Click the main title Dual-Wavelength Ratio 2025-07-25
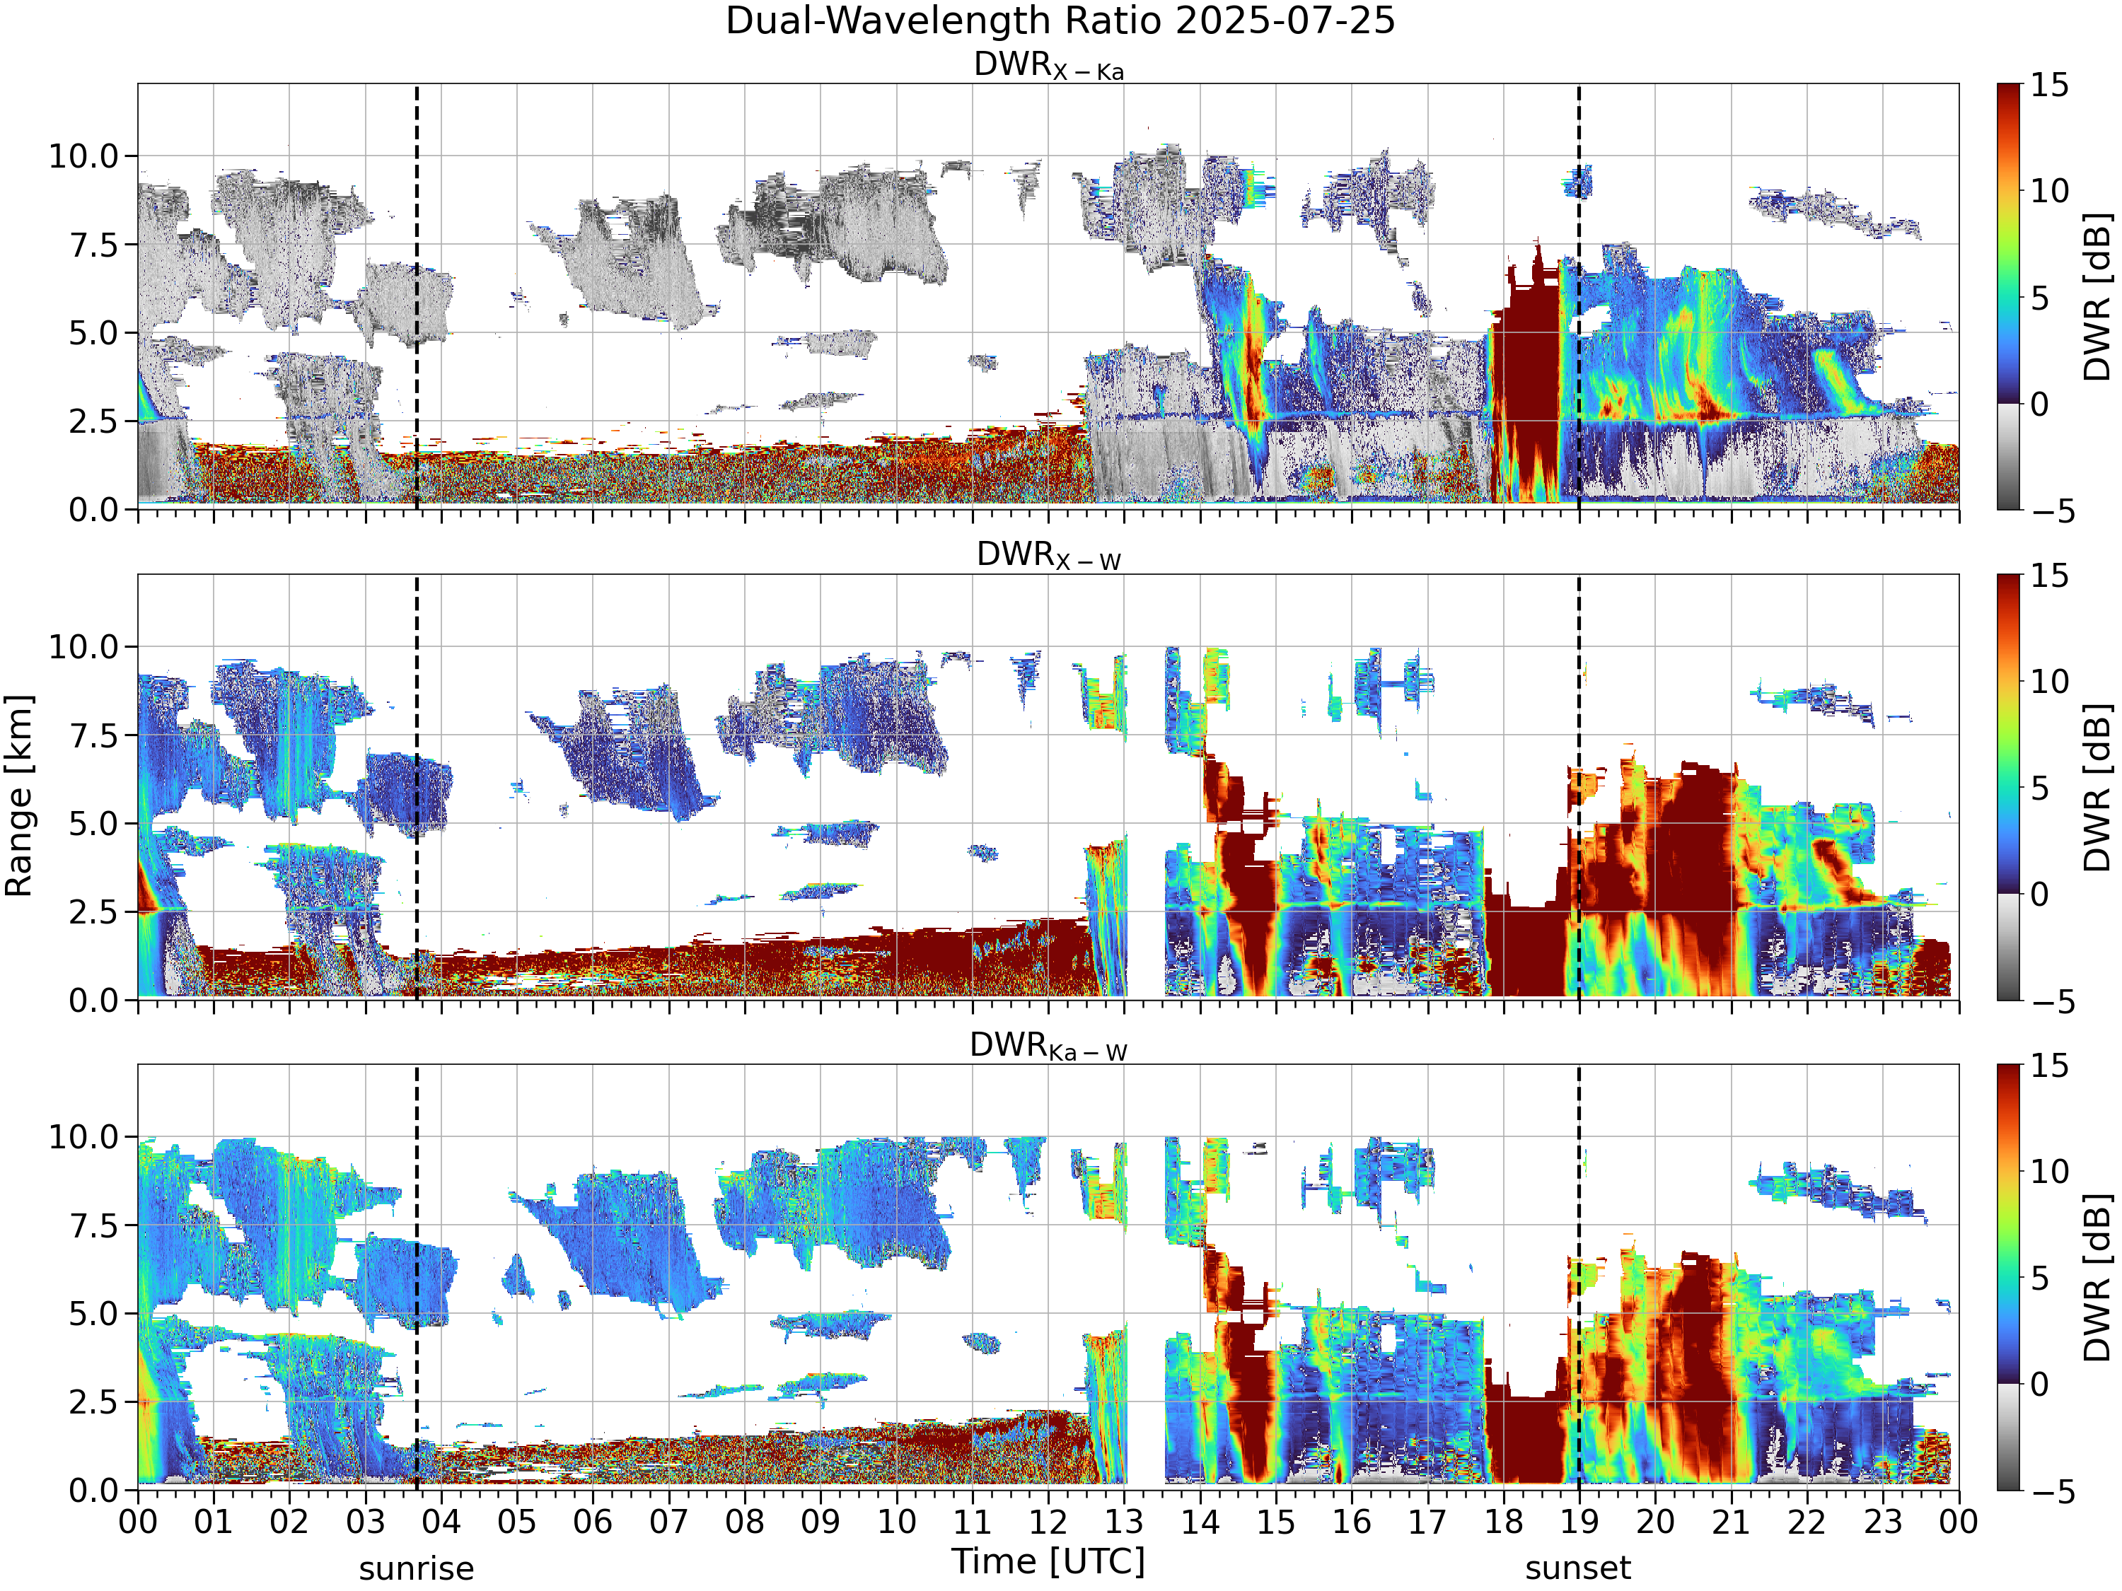pos(1060,21)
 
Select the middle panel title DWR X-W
pos(1048,556)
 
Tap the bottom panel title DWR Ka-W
pos(1048,1047)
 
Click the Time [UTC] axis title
pos(1048,1561)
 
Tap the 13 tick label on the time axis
pos(1125,1521)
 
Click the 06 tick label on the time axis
pos(593,1521)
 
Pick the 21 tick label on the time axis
pos(1732,1521)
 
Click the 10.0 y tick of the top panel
pos(83,156)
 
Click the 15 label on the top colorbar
pos(2050,86)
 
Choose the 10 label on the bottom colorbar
pos(2050,1171)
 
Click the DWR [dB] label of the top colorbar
pos(2098,296)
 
